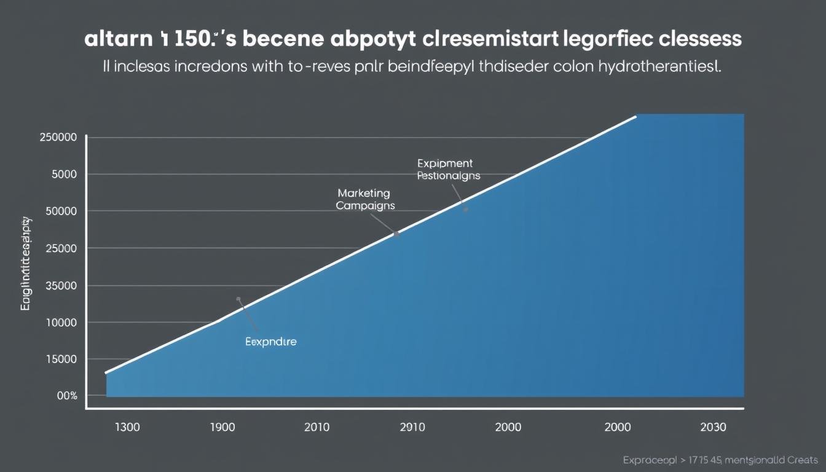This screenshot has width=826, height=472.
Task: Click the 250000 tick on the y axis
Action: click(58, 137)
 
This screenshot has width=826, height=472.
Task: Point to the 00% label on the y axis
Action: click(67, 396)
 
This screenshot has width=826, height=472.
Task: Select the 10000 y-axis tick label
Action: click(61, 322)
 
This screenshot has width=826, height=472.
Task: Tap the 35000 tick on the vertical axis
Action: click(61, 285)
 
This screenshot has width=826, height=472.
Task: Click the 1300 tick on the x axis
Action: click(127, 427)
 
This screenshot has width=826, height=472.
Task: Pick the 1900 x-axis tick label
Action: click(222, 427)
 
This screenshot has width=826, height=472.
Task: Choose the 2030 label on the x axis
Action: click(712, 427)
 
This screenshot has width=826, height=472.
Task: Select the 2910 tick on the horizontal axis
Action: click(412, 427)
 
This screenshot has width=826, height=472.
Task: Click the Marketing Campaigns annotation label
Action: click(366, 200)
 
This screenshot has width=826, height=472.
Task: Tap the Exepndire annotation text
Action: click(270, 342)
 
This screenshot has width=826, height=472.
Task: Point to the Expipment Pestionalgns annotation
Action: click(447, 169)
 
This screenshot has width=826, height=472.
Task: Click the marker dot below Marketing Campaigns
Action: click(397, 234)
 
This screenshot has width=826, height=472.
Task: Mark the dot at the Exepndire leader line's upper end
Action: click(238, 299)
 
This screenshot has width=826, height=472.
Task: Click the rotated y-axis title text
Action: click(26, 263)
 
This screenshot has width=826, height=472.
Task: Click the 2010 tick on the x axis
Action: click(317, 427)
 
